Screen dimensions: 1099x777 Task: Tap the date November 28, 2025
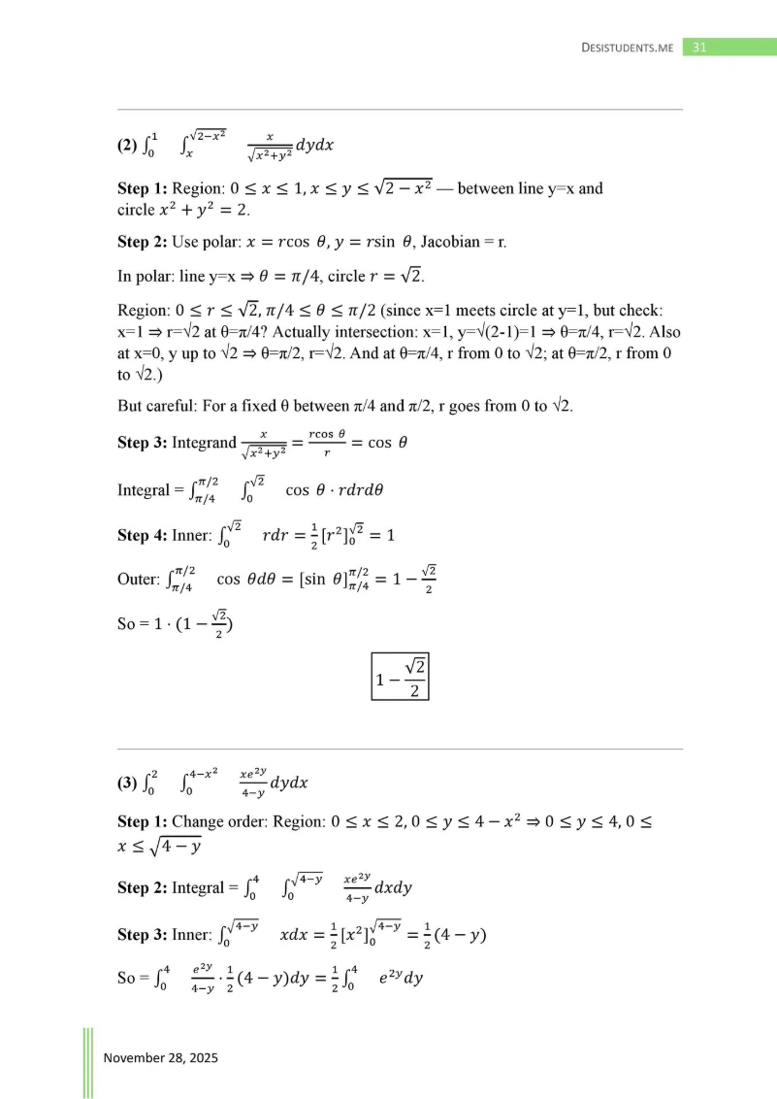point(161,1057)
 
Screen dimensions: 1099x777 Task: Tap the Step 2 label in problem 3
point(142,887)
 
